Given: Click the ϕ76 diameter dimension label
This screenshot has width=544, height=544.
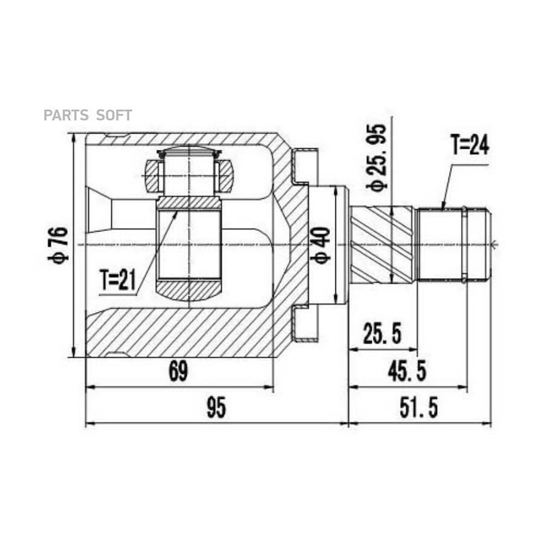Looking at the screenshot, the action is [x=57, y=244].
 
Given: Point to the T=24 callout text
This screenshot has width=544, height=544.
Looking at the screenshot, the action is [x=470, y=144].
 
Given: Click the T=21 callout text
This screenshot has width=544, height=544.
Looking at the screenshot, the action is [x=118, y=280].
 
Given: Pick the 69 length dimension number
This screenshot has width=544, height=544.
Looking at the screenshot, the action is [x=178, y=371].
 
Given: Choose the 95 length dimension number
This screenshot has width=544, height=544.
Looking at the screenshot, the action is [x=216, y=407].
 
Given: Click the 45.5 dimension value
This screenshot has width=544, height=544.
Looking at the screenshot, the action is [x=407, y=371].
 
